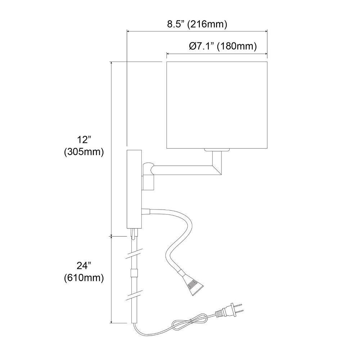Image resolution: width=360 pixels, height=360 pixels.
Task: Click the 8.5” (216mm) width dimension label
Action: point(197,24)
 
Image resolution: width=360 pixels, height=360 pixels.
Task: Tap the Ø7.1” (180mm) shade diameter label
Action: point(223,46)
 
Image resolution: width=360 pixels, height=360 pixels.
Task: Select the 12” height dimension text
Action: point(84,140)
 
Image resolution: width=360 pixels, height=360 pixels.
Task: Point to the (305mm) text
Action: point(84,152)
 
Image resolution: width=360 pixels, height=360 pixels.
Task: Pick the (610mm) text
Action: point(84,278)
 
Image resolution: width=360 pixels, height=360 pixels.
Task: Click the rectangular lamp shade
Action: point(217,105)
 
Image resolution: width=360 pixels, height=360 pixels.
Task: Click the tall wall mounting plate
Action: point(134,189)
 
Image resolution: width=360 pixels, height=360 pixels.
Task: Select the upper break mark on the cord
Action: point(134,254)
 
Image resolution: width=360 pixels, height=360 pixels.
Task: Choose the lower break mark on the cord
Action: point(134,295)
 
